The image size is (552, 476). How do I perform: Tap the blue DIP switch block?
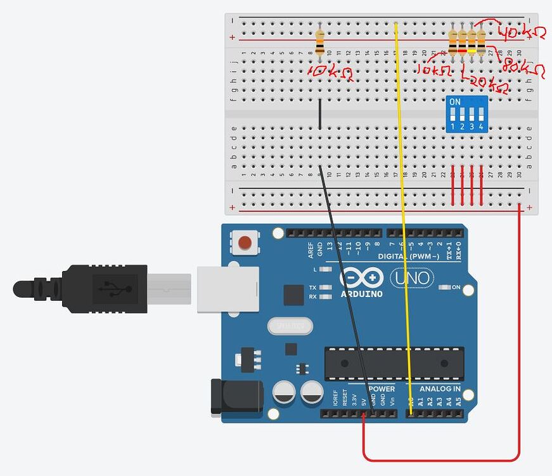466,114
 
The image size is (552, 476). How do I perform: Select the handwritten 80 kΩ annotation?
523,68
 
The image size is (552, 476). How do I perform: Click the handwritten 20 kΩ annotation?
487,84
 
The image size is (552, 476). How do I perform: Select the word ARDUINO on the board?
361,294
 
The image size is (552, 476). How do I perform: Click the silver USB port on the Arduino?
227,289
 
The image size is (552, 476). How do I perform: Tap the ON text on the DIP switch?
454,102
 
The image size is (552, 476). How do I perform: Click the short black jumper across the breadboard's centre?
320,114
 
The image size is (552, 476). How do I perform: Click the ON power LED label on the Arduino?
456,288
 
